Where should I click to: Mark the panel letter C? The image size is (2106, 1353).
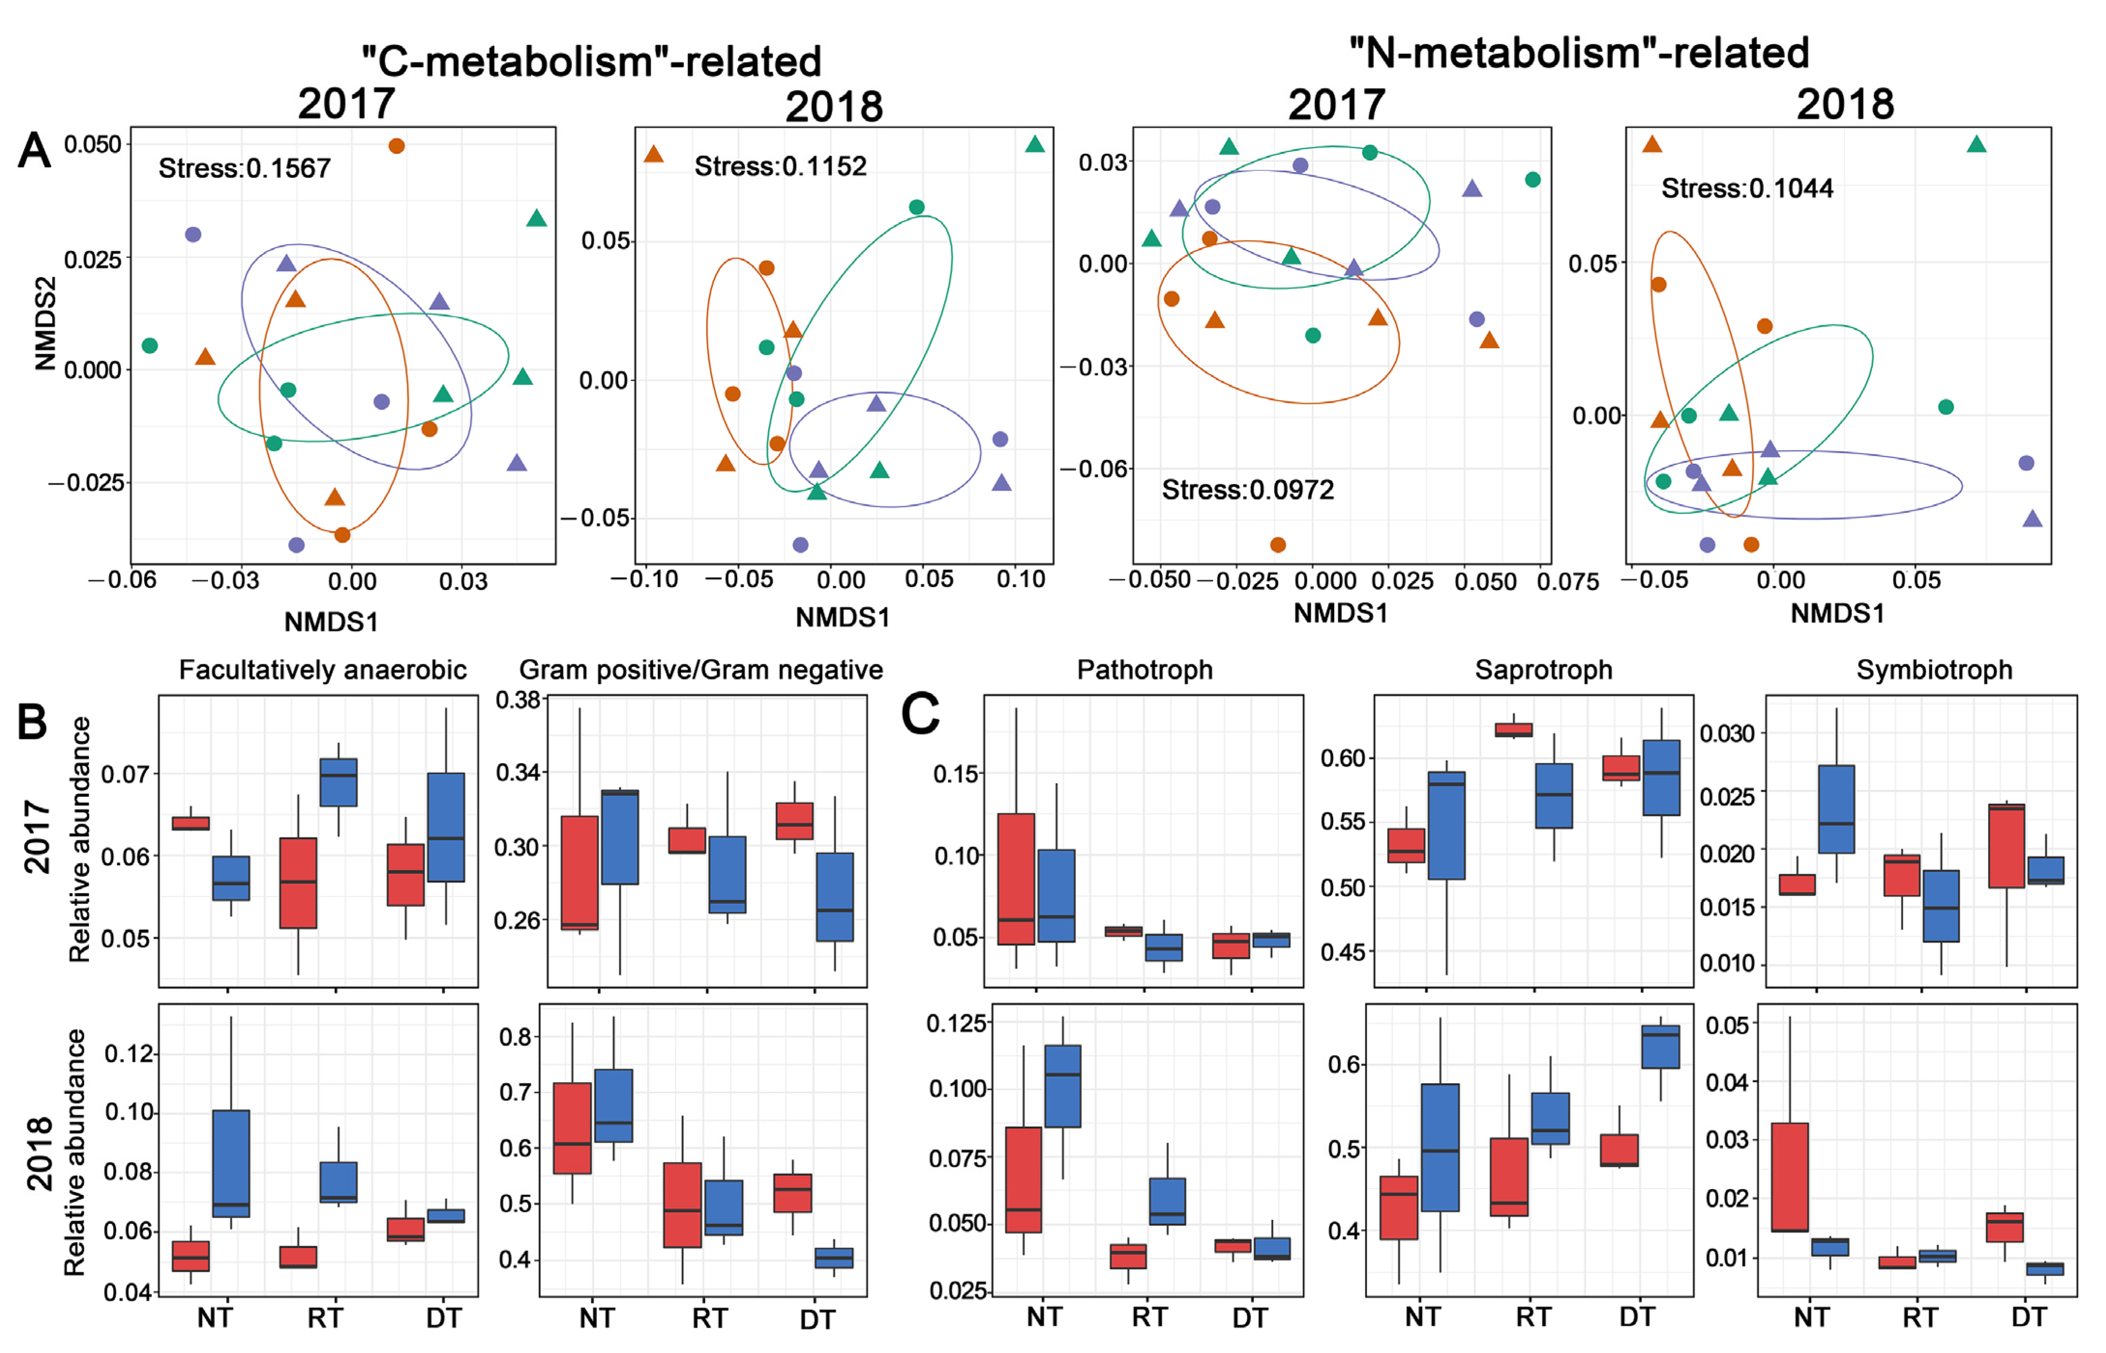tap(920, 713)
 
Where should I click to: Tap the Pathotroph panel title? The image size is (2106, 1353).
tap(1144, 670)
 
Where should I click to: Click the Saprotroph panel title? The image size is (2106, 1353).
tap(1543, 670)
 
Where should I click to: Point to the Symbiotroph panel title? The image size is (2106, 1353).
tap(1934, 670)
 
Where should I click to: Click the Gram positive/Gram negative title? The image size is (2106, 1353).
tap(701, 670)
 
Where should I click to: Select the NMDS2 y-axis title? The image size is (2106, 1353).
tap(45, 324)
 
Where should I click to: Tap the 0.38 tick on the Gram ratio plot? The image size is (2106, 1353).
tap(518, 700)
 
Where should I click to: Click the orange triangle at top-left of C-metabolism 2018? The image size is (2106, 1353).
tap(654, 155)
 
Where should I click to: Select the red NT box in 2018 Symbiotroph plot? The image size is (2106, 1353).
tap(1789, 1177)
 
